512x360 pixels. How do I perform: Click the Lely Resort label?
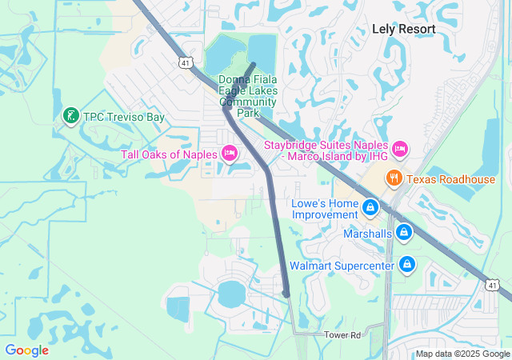pyautogui.click(x=404, y=29)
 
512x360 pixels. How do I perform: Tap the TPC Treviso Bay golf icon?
pyautogui.click(x=70, y=117)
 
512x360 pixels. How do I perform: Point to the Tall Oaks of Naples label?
pyautogui.click(x=170, y=154)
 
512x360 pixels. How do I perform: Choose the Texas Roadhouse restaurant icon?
pyautogui.click(x=394, y=178)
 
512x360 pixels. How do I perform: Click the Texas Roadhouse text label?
pyautogui.click(x=450, y=179)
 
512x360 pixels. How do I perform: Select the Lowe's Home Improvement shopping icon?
pyautogui.click(x=370, y=209)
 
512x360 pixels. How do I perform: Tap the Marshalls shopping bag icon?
pyautogui.click(x=405, y=233)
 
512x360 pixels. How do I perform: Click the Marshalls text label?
pyautogui.click(x=367, y=234)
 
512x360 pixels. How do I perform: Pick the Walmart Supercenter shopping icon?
pyautogui.click(x=407, y=263)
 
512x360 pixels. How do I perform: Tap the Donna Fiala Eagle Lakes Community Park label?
pyautogui.click(x=248, y=96)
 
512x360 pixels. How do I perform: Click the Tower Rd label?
pyautogui.click(x=343, y=334)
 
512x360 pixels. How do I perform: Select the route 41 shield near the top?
pyautogui.click(x=185, y=62)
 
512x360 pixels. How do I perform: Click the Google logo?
pyautogui.click(x=26, y=350)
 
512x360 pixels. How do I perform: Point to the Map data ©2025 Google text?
pyautogui.click(x=462, y=354)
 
